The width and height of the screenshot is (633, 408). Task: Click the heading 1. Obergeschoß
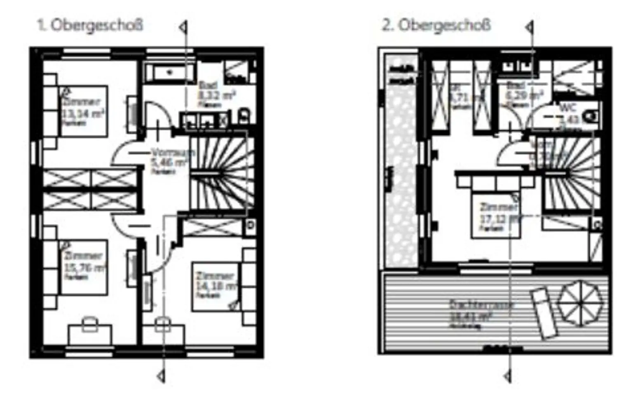point(90,25)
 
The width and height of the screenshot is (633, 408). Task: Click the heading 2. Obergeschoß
point(436,25)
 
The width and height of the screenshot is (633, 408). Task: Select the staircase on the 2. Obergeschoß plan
point(571,173)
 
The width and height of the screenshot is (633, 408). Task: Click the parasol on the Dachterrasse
point(579,303)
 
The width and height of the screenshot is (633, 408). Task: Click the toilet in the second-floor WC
point(592,116)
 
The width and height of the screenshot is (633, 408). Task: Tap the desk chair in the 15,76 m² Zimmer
point(89,324)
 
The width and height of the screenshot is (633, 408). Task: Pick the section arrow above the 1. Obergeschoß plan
point(183,28)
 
